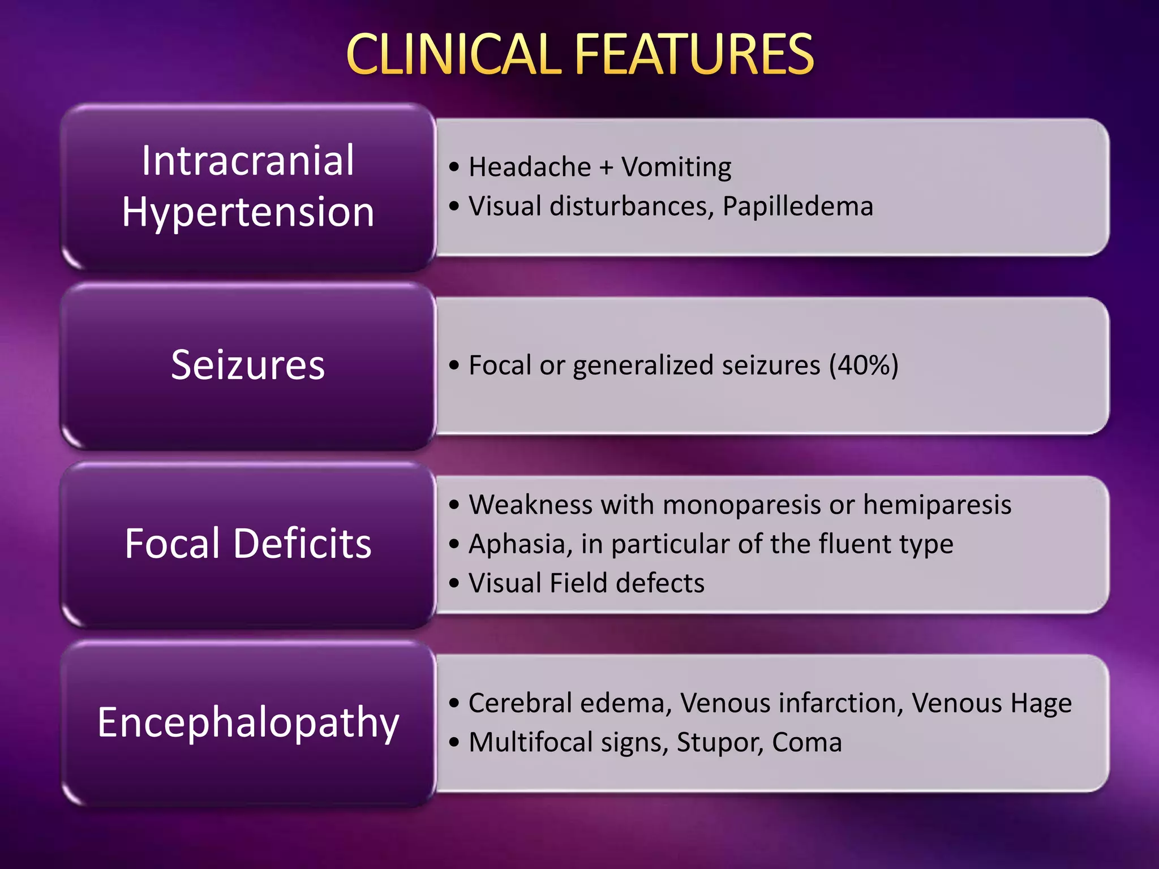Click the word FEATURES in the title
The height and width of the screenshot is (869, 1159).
tap(694, 54)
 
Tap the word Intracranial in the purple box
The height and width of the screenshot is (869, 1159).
tap(248, 161)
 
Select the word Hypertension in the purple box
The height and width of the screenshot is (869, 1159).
tap(248, 212)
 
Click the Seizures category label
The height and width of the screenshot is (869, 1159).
tap(248, 365)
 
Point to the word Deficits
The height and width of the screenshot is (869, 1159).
tap(302, 544)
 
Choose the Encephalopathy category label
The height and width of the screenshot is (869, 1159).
tap(248, 722)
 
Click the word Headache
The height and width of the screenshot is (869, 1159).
tap(530, 167)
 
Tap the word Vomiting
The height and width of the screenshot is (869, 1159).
tap(676, 168)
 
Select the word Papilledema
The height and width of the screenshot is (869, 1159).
tap(798, 207)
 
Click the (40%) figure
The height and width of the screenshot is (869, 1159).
tap(864, 365)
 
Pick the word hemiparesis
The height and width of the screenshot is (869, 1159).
tap(937, 505)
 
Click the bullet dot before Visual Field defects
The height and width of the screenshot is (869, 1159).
tap(454, 583)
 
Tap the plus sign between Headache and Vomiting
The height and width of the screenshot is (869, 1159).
tap(606, 168)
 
